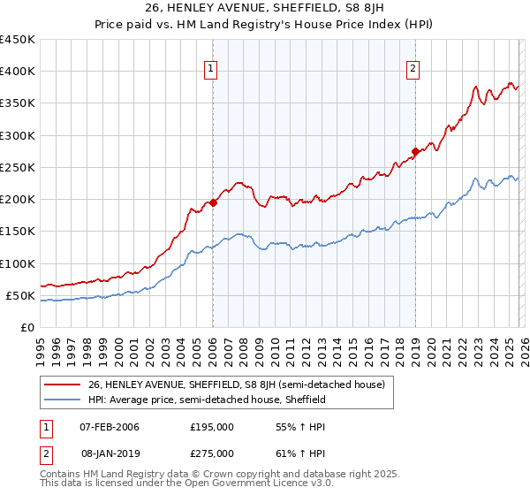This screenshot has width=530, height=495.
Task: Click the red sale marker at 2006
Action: (x=213, y=202)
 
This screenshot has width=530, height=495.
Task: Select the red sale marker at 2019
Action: (x=414, y=151)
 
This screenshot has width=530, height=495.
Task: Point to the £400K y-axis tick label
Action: (x=18, y=72)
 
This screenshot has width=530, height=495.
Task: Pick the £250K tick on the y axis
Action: (x=18, y=167)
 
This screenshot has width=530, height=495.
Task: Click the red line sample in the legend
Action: (x=64, y=385)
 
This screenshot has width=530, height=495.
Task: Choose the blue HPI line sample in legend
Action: (x=64, y=400)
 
